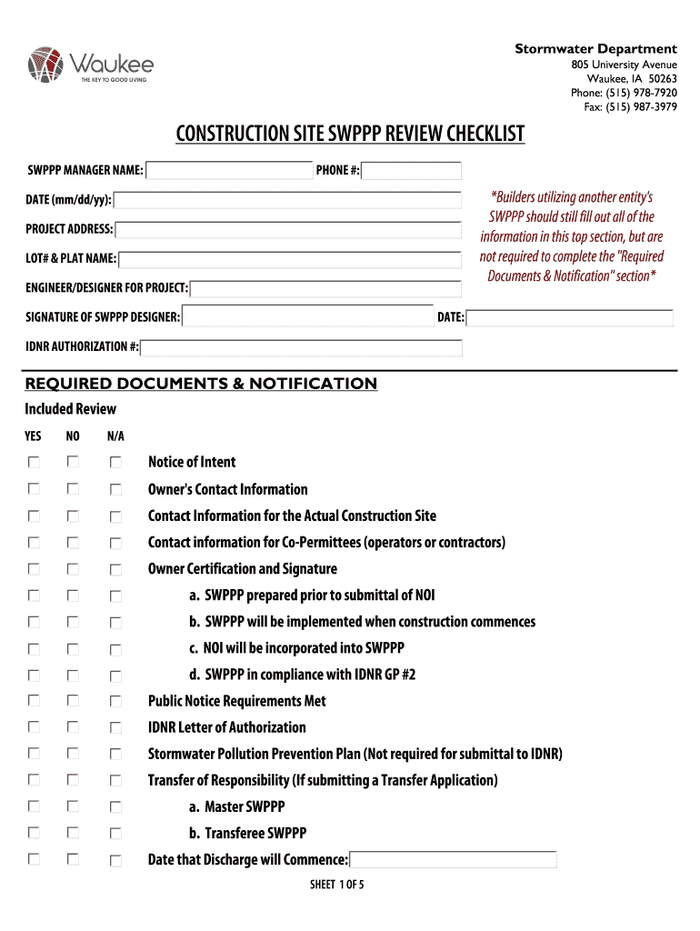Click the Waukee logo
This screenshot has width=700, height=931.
point(91,65)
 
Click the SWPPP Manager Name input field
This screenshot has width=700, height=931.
point(229,171)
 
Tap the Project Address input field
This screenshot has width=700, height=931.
point(287,229)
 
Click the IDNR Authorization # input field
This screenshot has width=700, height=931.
point(302,347)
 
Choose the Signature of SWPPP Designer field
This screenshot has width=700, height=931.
point(308,317)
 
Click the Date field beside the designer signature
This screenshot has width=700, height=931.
point(570,318)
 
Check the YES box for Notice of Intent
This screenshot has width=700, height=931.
point(34,463)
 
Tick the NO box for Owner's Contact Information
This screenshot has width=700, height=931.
point(73,489)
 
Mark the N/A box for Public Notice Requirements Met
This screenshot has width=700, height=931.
point(116,702)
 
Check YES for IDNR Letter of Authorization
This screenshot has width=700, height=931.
point(34,727)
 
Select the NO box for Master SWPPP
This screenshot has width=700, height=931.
point(73,806)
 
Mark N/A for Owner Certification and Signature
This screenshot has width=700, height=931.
point(116,570)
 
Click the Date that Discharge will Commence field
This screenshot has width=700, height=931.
point(453,860)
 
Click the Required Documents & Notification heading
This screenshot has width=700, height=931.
point(201,384)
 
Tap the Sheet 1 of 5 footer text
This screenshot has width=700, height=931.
point(336,886)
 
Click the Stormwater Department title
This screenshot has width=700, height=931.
point(595,49)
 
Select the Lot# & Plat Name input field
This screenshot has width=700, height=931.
point(290,259)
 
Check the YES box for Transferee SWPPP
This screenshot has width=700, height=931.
point(34,833)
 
